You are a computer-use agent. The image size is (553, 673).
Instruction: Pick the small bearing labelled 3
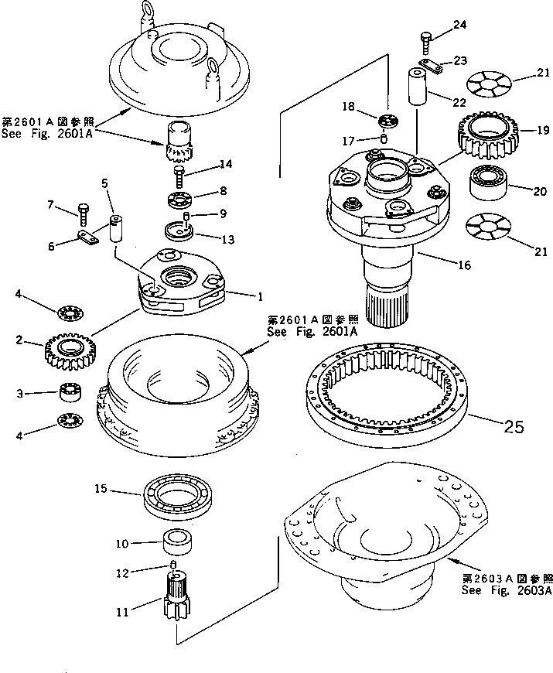pyautogui.click(x=72, y=393)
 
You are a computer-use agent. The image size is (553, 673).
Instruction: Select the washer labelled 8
pyautogui.click(x=180, y=200)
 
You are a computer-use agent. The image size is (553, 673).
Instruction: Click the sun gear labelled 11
pyautogui.click(x=177, y=607)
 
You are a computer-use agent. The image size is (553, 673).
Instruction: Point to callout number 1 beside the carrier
pyautogui.click(x=261, y=296)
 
